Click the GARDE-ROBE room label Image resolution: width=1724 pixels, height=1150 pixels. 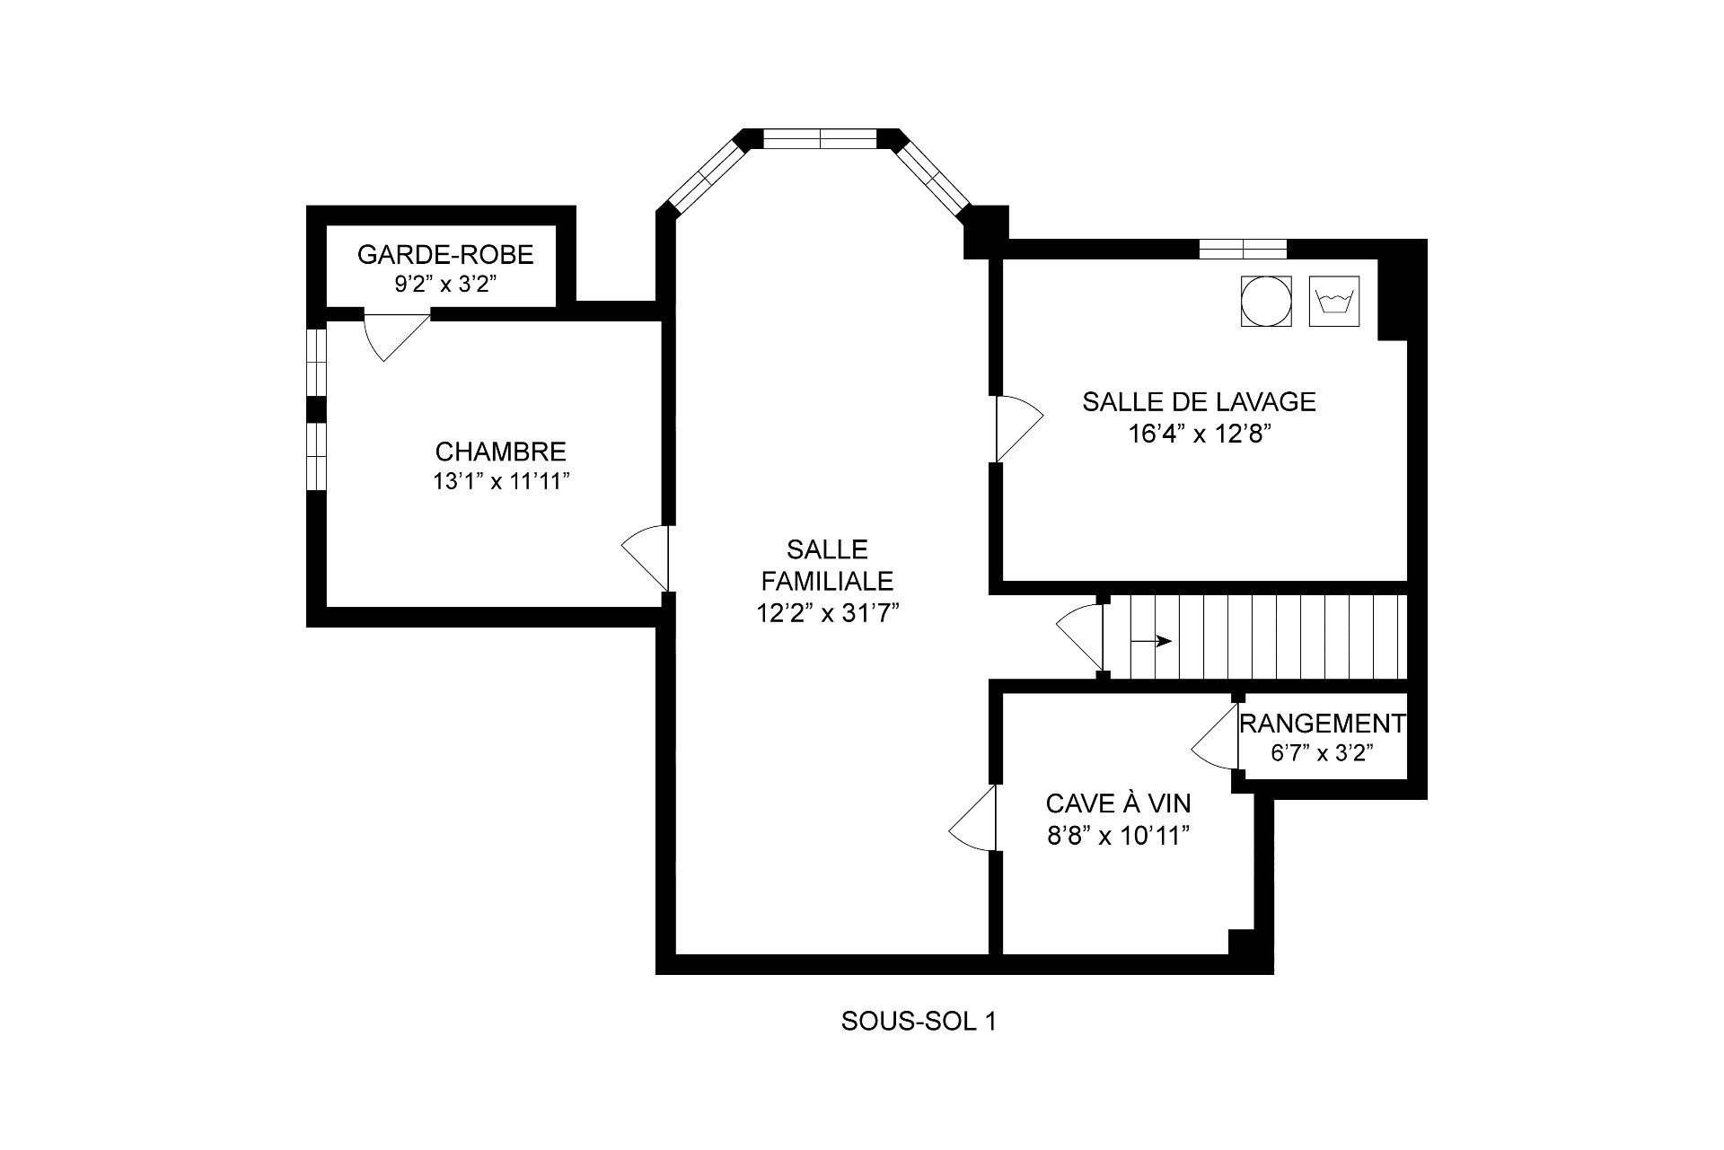[x=445, y=255]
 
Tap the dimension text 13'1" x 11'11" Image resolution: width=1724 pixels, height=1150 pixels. [x=502, y=482]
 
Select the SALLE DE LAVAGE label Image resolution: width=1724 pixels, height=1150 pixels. [x=1199, y=401]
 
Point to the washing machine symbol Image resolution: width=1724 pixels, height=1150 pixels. [x=1335, y=302]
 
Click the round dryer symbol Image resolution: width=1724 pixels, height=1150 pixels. [x=1266, y=302]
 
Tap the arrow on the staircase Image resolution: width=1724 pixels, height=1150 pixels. [x=1151, y=641]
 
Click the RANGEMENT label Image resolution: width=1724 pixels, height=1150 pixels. [x=1322, y=723]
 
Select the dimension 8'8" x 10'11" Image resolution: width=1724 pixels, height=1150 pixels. [x=1118, y=836]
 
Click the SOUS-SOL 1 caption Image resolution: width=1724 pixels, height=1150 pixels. [x=919, y=1022]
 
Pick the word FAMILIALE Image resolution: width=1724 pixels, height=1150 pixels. [x=827, y=581]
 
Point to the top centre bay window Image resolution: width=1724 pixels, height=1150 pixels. [x=820, y=139]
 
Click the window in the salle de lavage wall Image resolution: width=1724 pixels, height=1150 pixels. [x=1243, y=249]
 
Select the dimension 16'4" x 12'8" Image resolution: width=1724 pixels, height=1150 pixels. [x=1200, y=435]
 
